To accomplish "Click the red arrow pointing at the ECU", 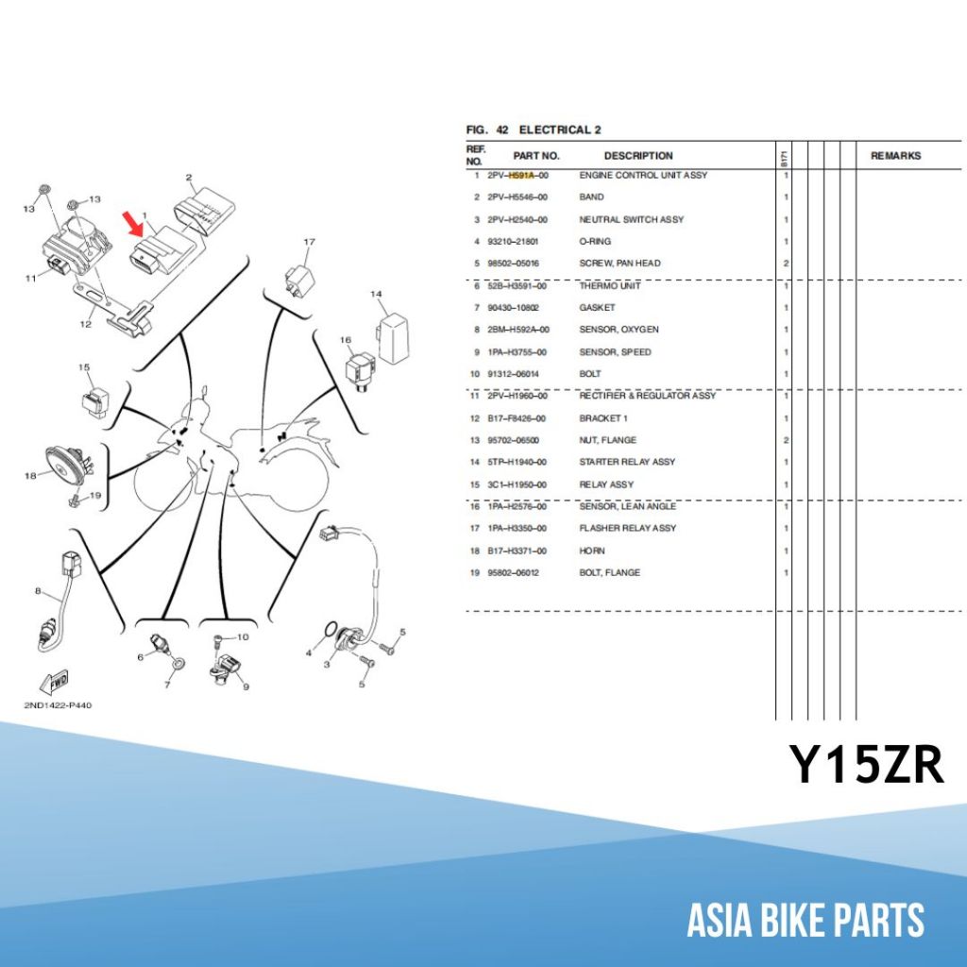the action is click(x=134, y=224).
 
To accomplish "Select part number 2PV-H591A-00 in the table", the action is click(x=517, y=176).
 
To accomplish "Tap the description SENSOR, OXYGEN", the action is click(x=619, y=330).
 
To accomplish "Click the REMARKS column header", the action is click(x=895, y=156).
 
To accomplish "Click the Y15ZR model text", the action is click(x=867, y=766).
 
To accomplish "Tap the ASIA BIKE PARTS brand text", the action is click(x=806, y=921).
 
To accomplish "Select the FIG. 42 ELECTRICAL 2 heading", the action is click(x=534, y=129).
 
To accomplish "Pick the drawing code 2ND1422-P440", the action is click(x=59, y=705).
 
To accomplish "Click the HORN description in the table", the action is click(x=592, y=551).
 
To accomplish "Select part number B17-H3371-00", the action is click(x=517, y=551).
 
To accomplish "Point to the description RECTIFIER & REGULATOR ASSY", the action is click(x=647, y=396).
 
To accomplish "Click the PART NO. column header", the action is click(x=536, y=156).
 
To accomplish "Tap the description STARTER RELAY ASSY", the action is click(x=627, y=462).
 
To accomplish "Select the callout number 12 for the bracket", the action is click(x=85, y=325).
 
